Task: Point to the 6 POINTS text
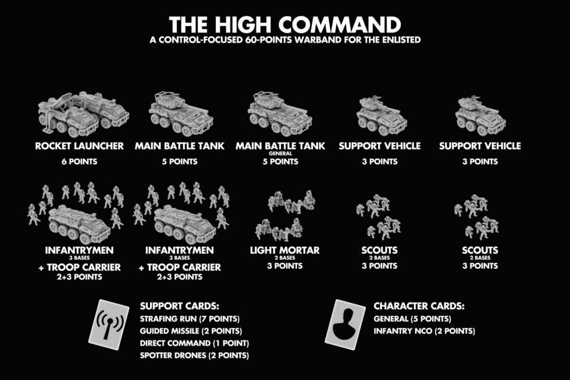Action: [83, 161]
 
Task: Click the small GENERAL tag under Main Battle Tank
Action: [280, 154]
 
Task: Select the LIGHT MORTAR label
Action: [284, 250]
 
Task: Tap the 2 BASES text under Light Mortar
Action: [284, 258]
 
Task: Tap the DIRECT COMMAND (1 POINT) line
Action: [194, 343]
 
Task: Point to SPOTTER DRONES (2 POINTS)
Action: [194, 355]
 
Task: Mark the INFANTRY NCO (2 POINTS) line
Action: [424, 331]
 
